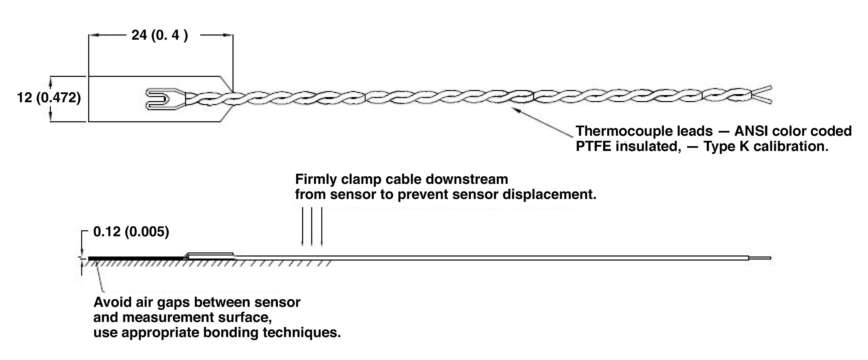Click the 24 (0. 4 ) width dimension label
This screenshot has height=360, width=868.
159,35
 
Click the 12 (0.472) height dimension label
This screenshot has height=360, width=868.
49,98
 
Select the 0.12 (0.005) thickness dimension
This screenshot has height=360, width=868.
131,232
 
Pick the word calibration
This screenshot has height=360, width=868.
791,147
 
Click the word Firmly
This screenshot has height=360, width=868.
316,179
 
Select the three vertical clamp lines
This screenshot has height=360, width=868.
312,226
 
